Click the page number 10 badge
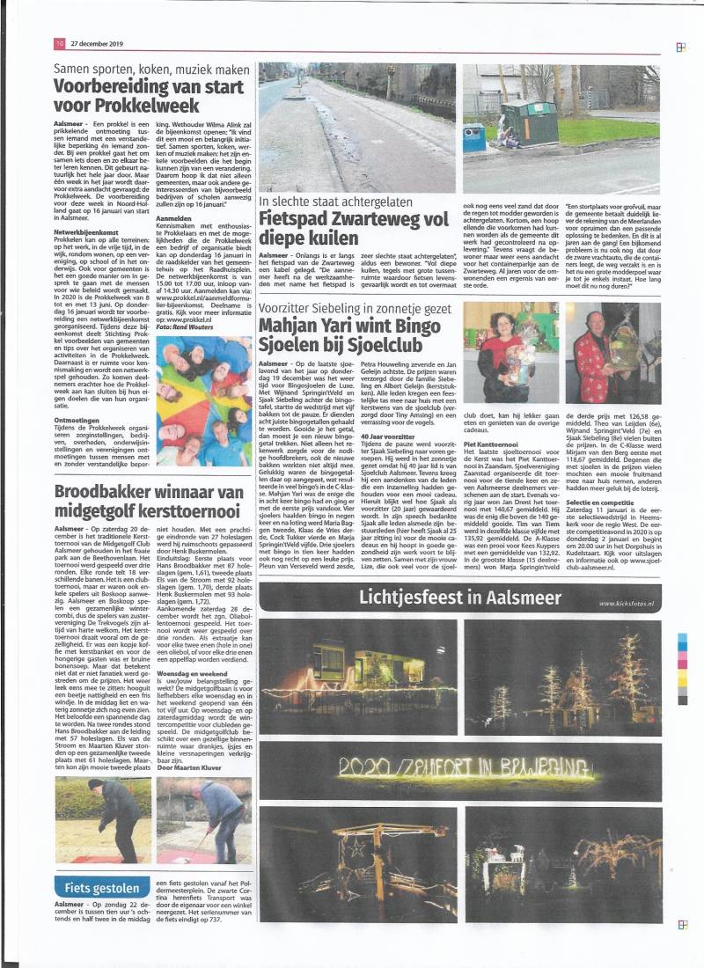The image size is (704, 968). (59, 42)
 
